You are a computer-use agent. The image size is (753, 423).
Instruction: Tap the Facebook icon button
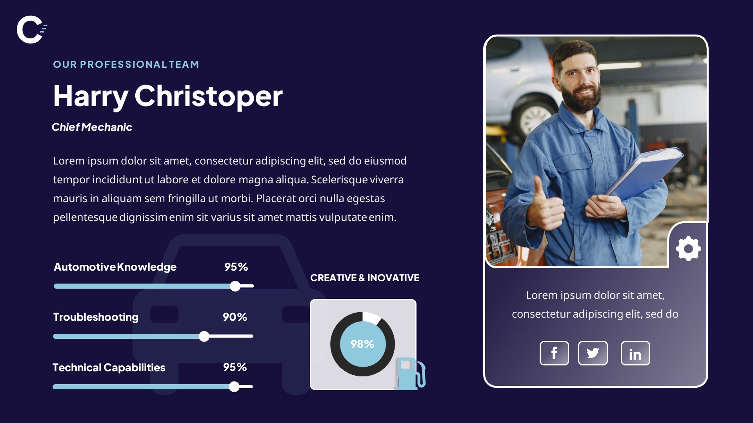point(554,353)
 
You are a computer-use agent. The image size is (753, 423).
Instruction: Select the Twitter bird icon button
point(593,353)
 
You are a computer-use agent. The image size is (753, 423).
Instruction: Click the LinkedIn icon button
point(635,353)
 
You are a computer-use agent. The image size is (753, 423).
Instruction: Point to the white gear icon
point(688,249)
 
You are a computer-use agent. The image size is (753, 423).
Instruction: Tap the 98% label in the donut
point(362,344)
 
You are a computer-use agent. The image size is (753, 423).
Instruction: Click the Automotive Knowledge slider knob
point(235,286)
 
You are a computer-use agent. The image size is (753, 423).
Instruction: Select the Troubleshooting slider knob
point(204,336)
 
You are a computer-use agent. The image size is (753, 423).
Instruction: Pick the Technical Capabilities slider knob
point(234,387)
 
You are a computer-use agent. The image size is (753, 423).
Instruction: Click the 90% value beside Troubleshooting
point(235,317)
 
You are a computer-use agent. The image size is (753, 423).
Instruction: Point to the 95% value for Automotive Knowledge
point(236,267)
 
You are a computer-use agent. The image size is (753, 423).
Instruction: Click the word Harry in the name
point(91,96)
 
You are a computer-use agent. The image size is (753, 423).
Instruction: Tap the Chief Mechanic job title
point(92,127)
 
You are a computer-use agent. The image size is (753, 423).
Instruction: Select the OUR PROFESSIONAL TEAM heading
point(126,64)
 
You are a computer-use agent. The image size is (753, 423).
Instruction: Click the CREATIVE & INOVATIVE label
point(365,278)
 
